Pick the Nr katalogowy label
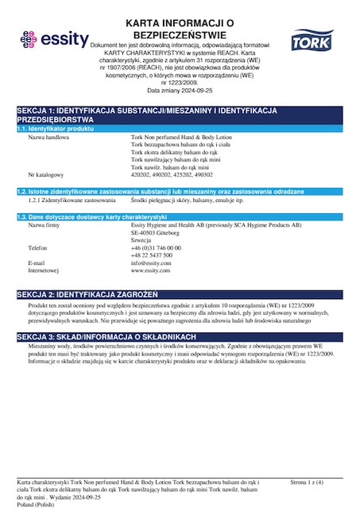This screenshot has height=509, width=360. [x=46, y=173]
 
